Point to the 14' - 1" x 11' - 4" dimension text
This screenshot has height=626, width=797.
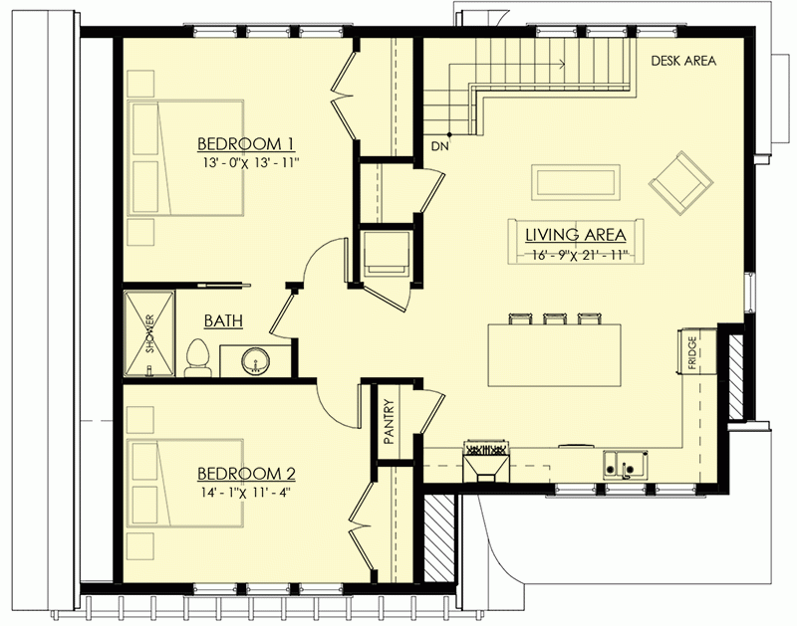click(x=244, y=491)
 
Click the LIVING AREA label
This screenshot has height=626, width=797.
click(x=576, y=235)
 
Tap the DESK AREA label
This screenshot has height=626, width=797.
click(x=683, y=61)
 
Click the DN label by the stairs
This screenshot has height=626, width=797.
click(x=439, y=147)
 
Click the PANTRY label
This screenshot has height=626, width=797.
click(x=390, y=421)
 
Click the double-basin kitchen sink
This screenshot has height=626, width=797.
click(x=626, y=464)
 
